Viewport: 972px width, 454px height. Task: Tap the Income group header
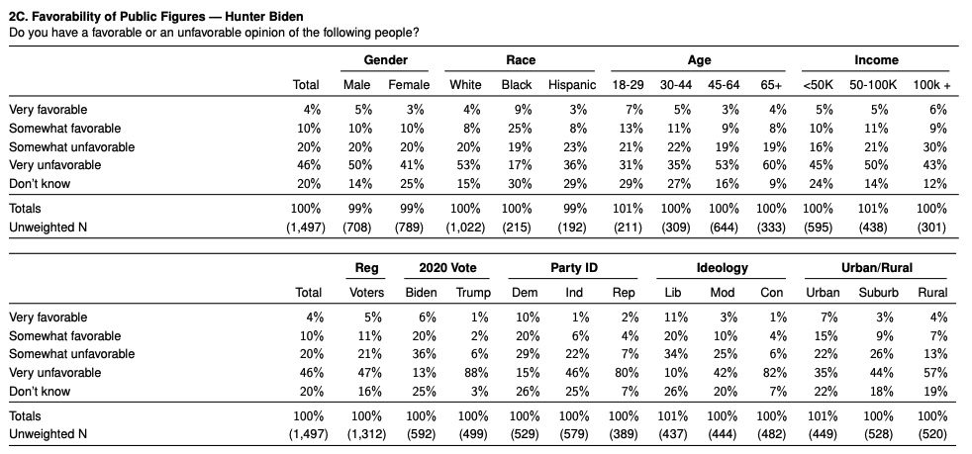[876, 60]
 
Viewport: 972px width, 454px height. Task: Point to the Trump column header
[472, 293]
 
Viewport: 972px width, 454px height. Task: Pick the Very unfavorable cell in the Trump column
[477, 373]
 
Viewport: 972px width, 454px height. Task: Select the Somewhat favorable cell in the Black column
[518, 129]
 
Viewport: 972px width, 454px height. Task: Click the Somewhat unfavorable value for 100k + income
[933, 147]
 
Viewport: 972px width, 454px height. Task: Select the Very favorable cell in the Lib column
[675, 318]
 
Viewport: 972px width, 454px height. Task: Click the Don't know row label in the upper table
[41, 184]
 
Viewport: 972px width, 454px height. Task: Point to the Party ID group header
[578, 268]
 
